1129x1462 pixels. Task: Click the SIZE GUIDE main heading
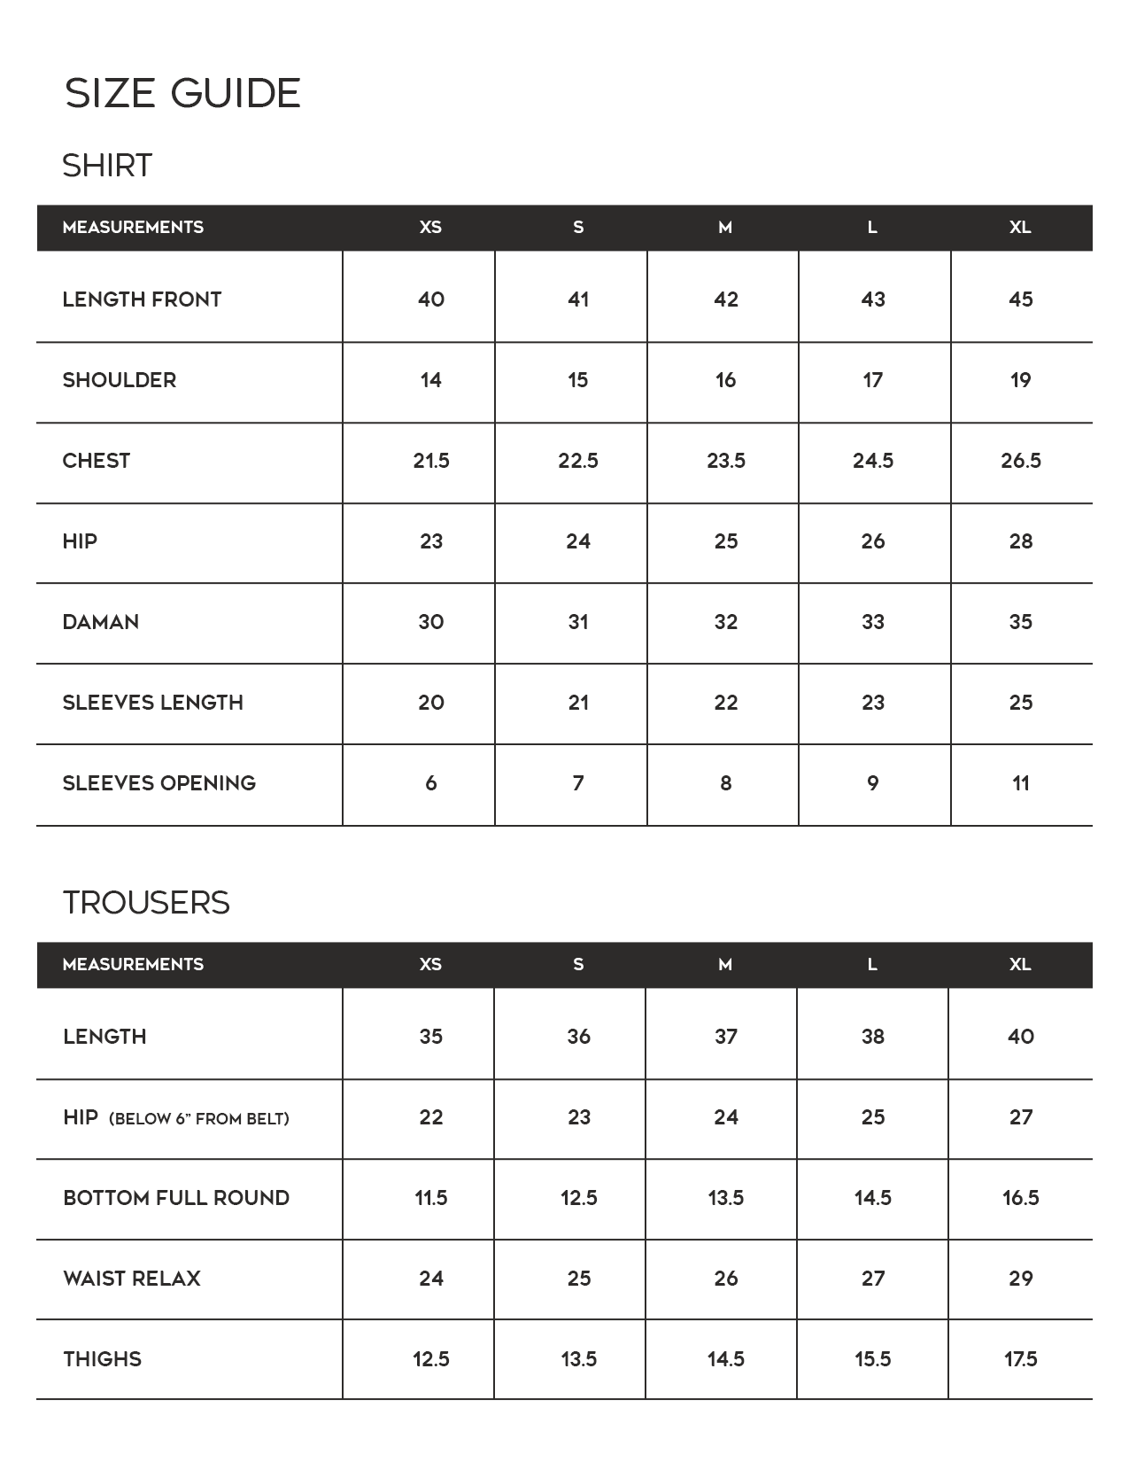[x=182, y=93]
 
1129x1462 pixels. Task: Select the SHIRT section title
[x=107, y=166]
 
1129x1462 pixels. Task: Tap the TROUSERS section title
[x=146, y=903]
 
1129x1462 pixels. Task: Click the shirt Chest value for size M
[x=725, y=461]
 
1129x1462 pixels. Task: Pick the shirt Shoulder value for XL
[x=1020, y=380]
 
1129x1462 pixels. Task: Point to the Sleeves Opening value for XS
[x=430, y=783]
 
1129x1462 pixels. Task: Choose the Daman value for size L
[x=872, y=622]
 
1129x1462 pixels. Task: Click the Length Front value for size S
[x=578, y=299]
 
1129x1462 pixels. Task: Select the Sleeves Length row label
[x=152, y=703]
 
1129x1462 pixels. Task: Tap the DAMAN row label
[x=100, y=622]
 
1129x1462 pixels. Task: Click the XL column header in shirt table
[x=1019, y=228]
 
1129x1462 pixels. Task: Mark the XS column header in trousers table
[x=430, y=965]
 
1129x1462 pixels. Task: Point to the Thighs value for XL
[x=1020, y=1359]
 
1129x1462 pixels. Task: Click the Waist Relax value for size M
[x=725, y=1279]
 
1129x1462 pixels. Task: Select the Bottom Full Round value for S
[x=578, y=1198]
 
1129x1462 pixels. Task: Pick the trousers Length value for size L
[x=872, y=1037]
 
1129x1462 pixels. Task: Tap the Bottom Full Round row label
[x=176, y=1198]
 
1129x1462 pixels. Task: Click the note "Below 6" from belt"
[x=198, y=1119]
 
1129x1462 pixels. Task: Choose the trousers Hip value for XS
[x=430, y=1117]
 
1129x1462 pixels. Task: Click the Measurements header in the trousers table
[x=133, y=965]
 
